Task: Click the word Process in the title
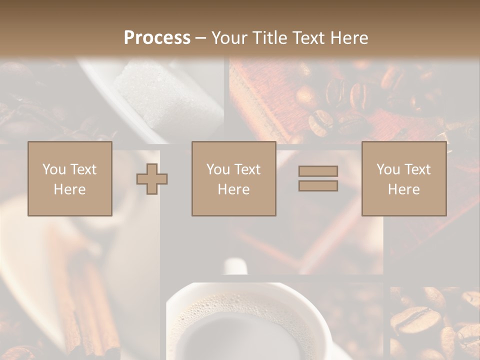(x=157, y=38)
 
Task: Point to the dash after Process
(x=200, y=38)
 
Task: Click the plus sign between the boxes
(x=152, y=178)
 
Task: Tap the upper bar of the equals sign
(x=318, y=171)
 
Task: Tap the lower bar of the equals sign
(x=318, y=186)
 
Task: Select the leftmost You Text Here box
(x=70, y=178)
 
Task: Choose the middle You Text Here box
(x=233, y=178)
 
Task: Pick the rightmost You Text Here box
(x=403, y=178)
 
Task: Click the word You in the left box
(x=53, y=169)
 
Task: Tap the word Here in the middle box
(x=233, y=189)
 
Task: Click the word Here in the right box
(x=403, y=189)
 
